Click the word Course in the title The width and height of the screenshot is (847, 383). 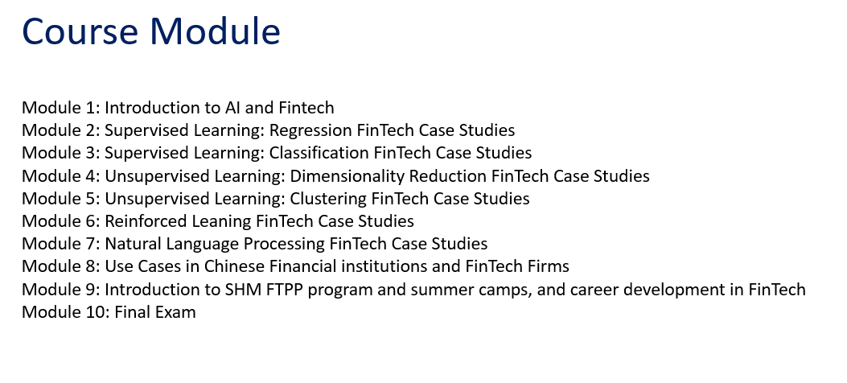click(x=80, y=31)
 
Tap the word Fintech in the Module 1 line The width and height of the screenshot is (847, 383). click(x=306, y=108)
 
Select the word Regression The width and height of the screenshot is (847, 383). click(x=310, y=130)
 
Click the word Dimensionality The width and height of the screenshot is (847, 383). click(x=347, y=176)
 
